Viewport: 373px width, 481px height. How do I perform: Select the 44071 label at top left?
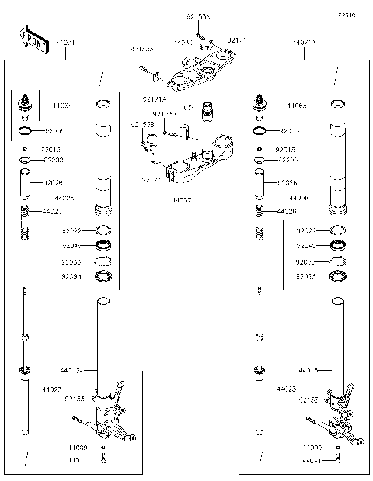click(65, 43)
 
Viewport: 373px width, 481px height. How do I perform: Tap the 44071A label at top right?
click(304, 43)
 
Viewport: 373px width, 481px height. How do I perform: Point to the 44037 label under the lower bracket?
click(182, 199)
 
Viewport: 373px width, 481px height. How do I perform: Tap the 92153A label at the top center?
click(198, 16)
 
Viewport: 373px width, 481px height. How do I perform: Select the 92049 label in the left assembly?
click(71, 246)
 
